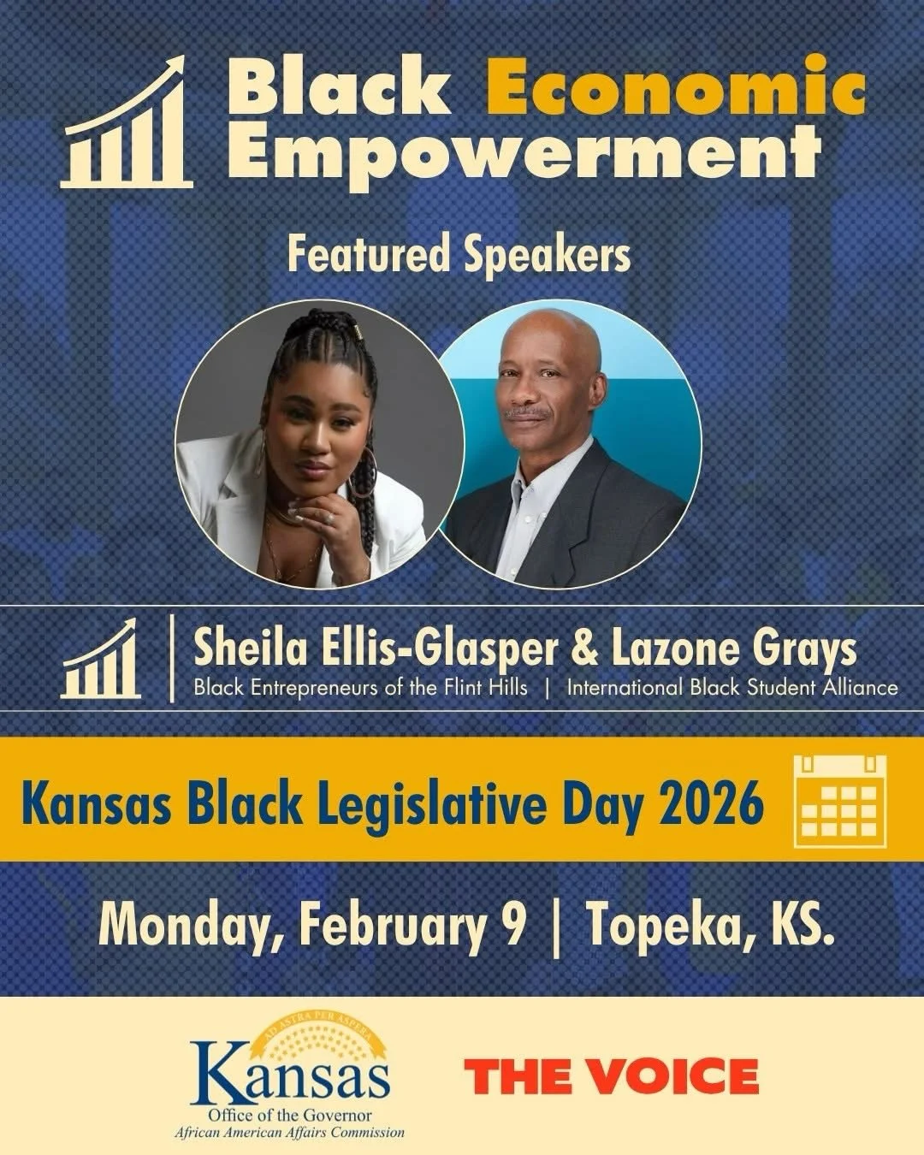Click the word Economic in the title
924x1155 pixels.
point(676,88)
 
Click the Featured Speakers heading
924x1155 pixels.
point(459,255)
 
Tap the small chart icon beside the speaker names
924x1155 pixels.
point(101,660)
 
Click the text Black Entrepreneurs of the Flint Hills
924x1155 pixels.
point(360,687)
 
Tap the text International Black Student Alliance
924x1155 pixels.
point(732,687)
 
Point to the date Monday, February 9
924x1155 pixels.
point(313,926)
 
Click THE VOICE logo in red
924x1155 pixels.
point(611,1075)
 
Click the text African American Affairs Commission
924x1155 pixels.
point(290,1133)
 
